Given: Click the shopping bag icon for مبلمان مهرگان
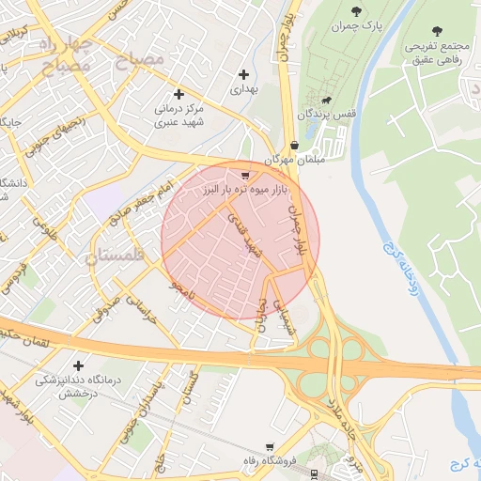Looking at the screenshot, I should [x=295, y=145].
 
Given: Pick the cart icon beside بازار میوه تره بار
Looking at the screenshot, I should [x=245, y=174].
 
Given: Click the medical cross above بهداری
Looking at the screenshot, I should [x=244, y=74].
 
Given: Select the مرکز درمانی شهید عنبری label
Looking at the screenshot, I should [x=180, y=116].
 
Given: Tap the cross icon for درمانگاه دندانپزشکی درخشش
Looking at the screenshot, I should [x=77, y=365].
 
